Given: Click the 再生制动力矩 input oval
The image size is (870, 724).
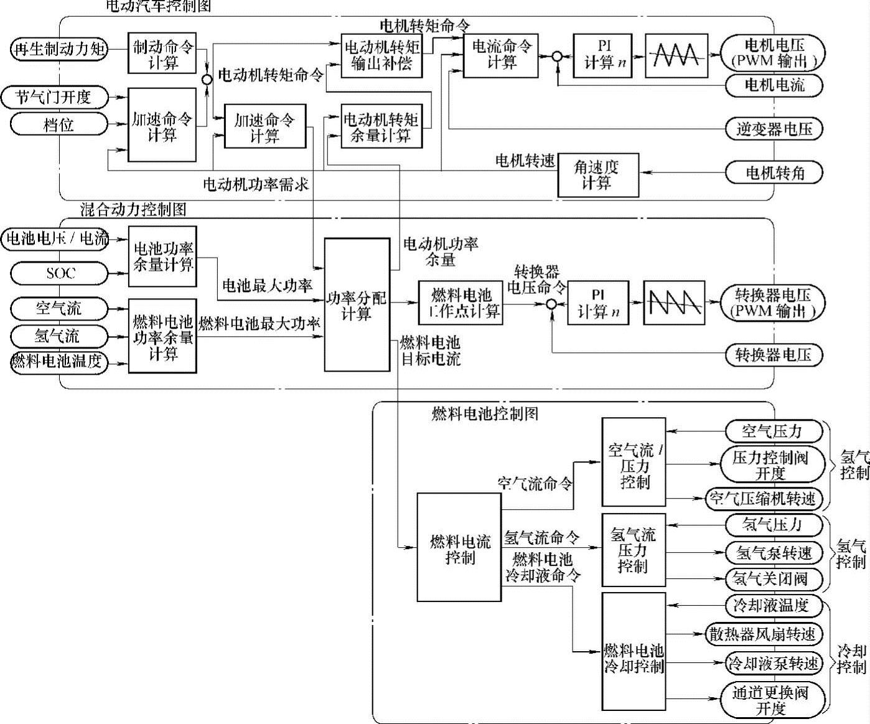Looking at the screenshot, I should [59, 49].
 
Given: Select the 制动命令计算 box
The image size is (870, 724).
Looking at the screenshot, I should [162, 54].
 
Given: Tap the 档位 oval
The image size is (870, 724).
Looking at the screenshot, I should [59, 125].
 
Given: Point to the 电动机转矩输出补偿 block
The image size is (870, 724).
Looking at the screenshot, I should [381, 55].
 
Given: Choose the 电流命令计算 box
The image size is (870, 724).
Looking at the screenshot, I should [501, 54].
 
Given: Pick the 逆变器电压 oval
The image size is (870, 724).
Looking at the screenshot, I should [774, 129].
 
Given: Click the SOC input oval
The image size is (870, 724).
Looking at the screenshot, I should [59, 273].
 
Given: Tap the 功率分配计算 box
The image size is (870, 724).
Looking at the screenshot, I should [357, 304].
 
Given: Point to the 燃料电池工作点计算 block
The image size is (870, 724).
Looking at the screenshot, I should [461, 303].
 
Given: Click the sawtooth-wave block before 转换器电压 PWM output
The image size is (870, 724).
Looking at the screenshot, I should [674, 303].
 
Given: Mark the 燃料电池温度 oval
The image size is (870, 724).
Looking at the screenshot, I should [59, 362].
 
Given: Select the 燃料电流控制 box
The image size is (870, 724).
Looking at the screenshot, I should [459, 548].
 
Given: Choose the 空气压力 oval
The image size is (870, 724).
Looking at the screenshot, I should [772, 431].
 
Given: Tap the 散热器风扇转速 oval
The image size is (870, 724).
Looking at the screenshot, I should [763, 634].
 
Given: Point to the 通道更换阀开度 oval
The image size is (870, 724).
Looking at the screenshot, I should [772, 700].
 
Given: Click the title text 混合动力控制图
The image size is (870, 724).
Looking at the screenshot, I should [133, 209].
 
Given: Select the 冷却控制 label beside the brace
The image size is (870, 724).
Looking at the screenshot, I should [851, 659].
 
